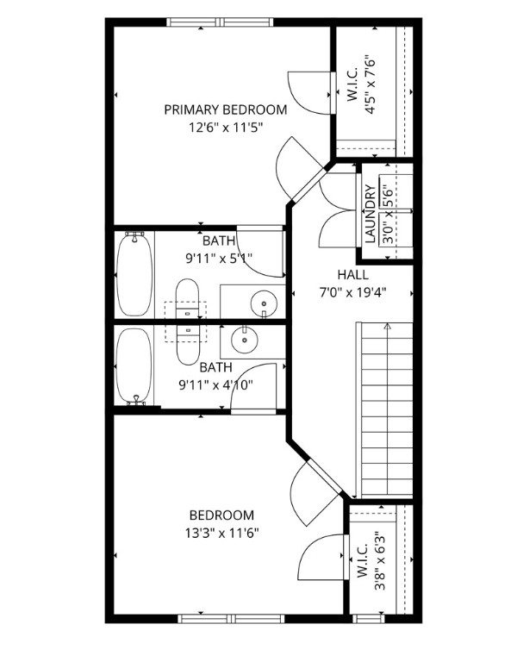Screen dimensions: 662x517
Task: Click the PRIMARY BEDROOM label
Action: tap(225, 109)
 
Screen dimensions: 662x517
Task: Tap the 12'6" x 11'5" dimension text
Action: tap(225, 127)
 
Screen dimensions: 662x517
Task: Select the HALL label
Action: tap(352, 274)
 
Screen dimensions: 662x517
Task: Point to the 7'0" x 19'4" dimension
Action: tap(352, 291)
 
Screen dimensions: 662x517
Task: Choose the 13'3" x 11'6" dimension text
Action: tap(221, 533)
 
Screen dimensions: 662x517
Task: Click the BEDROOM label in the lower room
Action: tap(221, 515)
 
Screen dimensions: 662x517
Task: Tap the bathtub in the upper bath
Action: tap(134, 273)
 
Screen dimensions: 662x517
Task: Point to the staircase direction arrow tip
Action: tap(387, 326)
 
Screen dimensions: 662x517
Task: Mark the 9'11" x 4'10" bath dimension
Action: tap(216, 384)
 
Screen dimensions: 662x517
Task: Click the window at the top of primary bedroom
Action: tap(221, 22)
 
